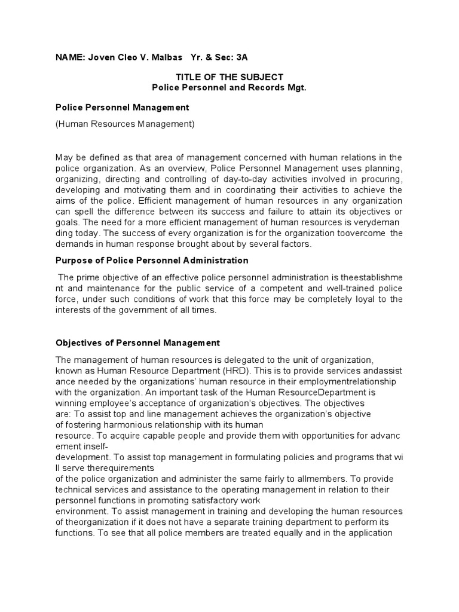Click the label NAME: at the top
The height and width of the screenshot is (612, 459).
[71, 57]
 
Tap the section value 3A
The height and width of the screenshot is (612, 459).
[240, 57]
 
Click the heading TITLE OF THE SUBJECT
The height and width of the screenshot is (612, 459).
[229, 77]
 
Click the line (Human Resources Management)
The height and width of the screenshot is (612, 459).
[126, 124]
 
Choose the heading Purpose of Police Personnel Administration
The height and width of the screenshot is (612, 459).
[152, 261]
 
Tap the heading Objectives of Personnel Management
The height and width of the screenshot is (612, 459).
[137, 343]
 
